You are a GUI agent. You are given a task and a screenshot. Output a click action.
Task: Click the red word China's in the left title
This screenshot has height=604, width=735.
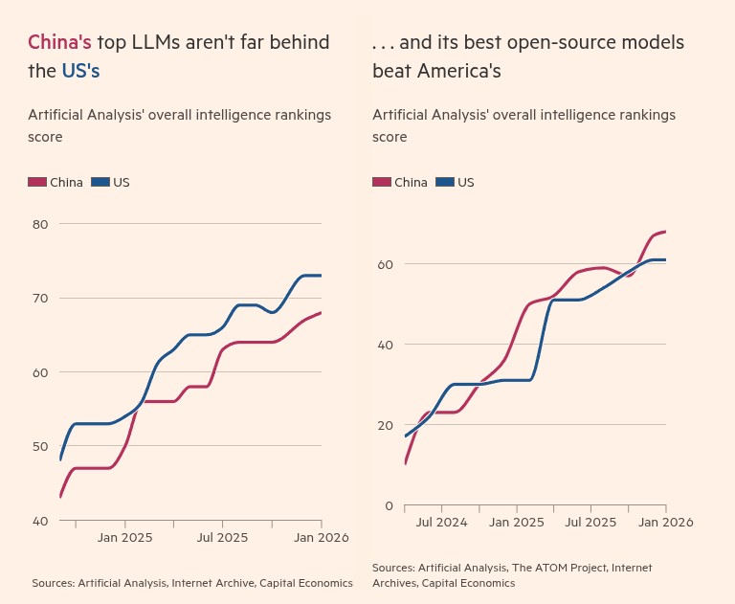(59, 42)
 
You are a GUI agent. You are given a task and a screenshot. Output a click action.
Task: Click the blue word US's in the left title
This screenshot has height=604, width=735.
(80, 71)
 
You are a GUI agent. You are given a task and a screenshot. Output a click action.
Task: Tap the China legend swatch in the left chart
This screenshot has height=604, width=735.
(37, 182)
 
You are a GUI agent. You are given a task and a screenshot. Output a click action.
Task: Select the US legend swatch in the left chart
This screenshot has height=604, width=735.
(100, 182)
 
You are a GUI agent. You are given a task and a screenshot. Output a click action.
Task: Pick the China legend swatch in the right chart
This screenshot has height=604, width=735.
(382, 182)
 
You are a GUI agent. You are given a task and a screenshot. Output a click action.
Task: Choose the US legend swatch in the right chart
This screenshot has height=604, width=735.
(445, 182)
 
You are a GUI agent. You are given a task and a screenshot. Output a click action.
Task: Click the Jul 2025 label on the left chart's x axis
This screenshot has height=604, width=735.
(222, 538)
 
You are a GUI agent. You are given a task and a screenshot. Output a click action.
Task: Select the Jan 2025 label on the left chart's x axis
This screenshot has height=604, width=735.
(124, 538)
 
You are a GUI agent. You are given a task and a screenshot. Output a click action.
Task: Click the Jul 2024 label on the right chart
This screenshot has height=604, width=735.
(441, 523)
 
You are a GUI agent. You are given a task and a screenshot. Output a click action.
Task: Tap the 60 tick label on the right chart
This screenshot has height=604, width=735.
(385, 263)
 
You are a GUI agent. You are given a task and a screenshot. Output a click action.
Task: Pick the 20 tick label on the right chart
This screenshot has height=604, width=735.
(385, 425)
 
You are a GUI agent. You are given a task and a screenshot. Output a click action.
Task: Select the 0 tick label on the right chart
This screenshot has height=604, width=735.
(389, 506)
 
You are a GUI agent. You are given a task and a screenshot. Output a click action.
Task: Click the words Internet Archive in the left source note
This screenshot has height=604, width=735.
(211, 582)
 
